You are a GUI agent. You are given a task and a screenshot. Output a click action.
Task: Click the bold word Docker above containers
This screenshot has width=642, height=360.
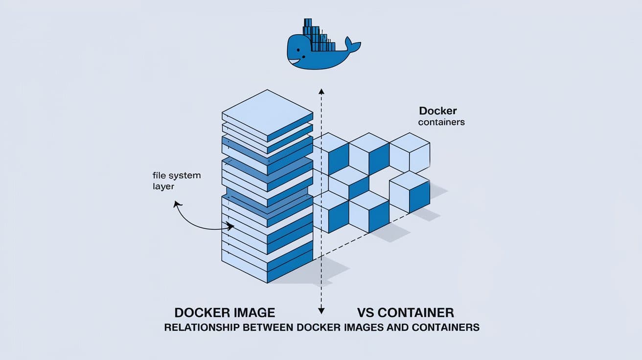[437, 111]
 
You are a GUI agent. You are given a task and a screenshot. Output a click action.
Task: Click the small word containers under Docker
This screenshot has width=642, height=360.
[441, 122]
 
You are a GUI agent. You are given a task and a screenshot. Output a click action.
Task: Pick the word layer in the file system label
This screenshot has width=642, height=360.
[163, 186]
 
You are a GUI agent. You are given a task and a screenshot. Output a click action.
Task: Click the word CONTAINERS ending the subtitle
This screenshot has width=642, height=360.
[445, 327]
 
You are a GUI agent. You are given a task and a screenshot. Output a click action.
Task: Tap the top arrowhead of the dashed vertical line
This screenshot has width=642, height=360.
[321, 90]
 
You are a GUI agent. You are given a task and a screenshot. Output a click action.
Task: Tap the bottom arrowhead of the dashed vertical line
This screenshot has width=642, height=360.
[321, 310]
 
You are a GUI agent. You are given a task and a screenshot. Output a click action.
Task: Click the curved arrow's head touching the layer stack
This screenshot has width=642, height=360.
[230, 226]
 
